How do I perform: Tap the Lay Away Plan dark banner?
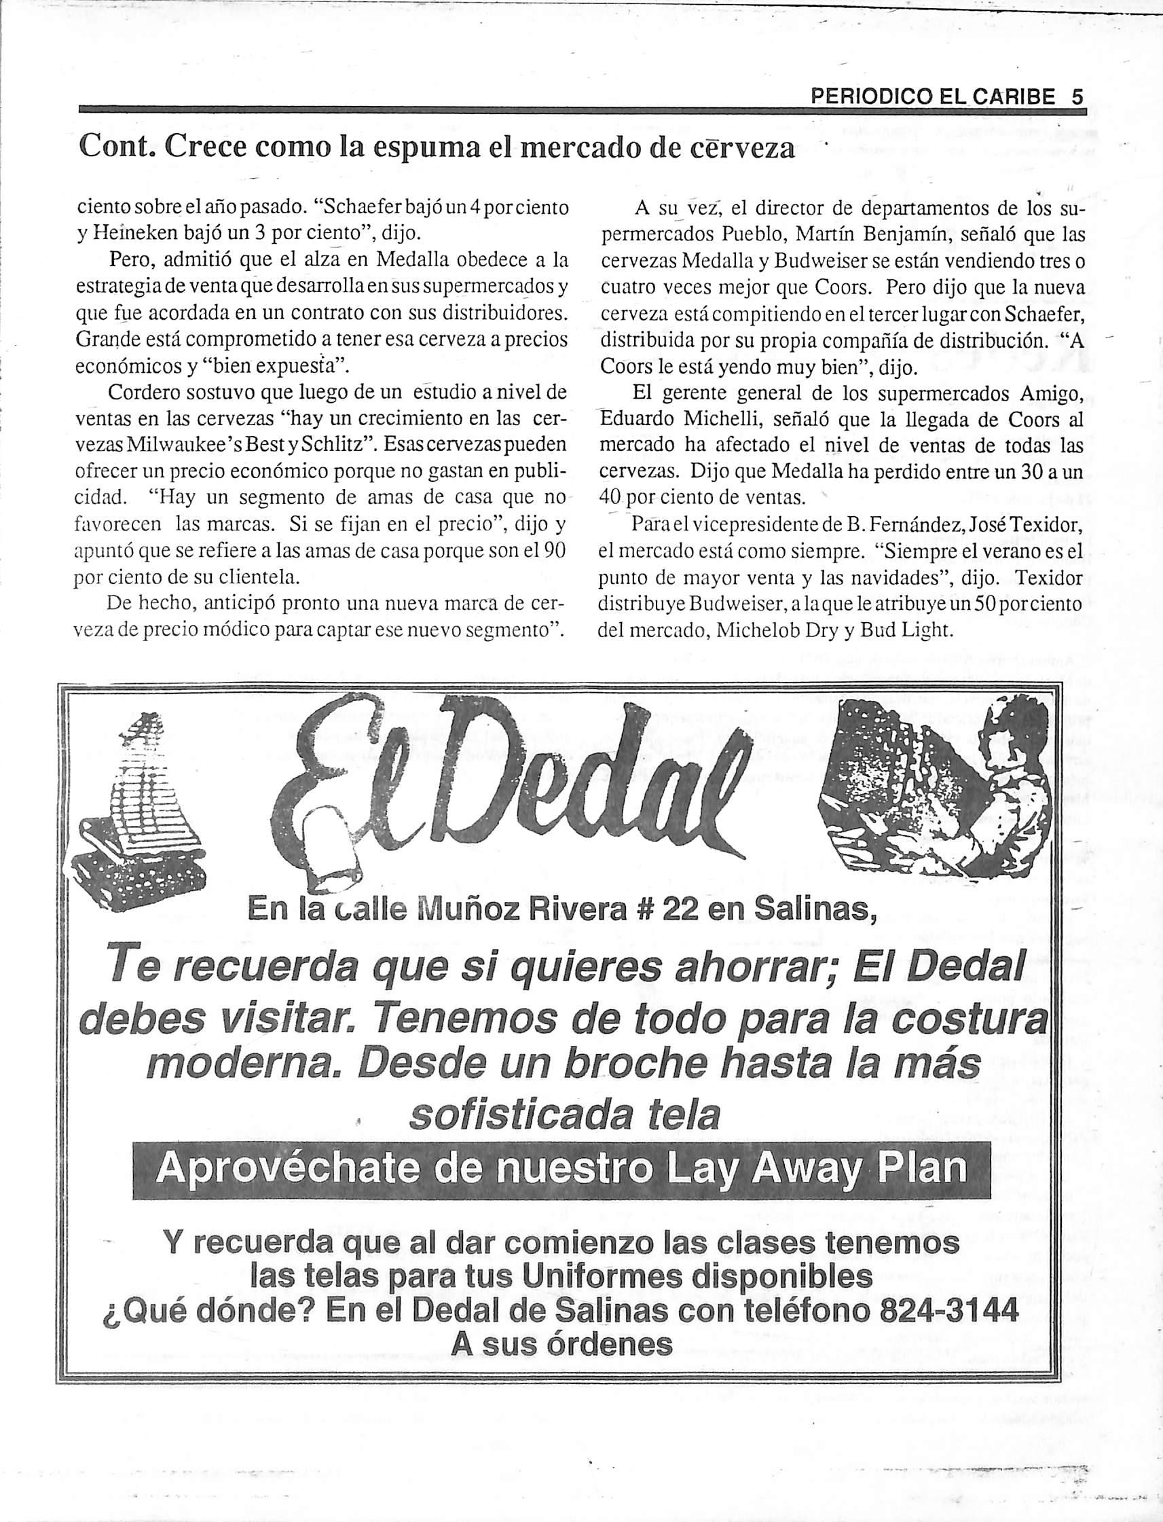click(561, 1170)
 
